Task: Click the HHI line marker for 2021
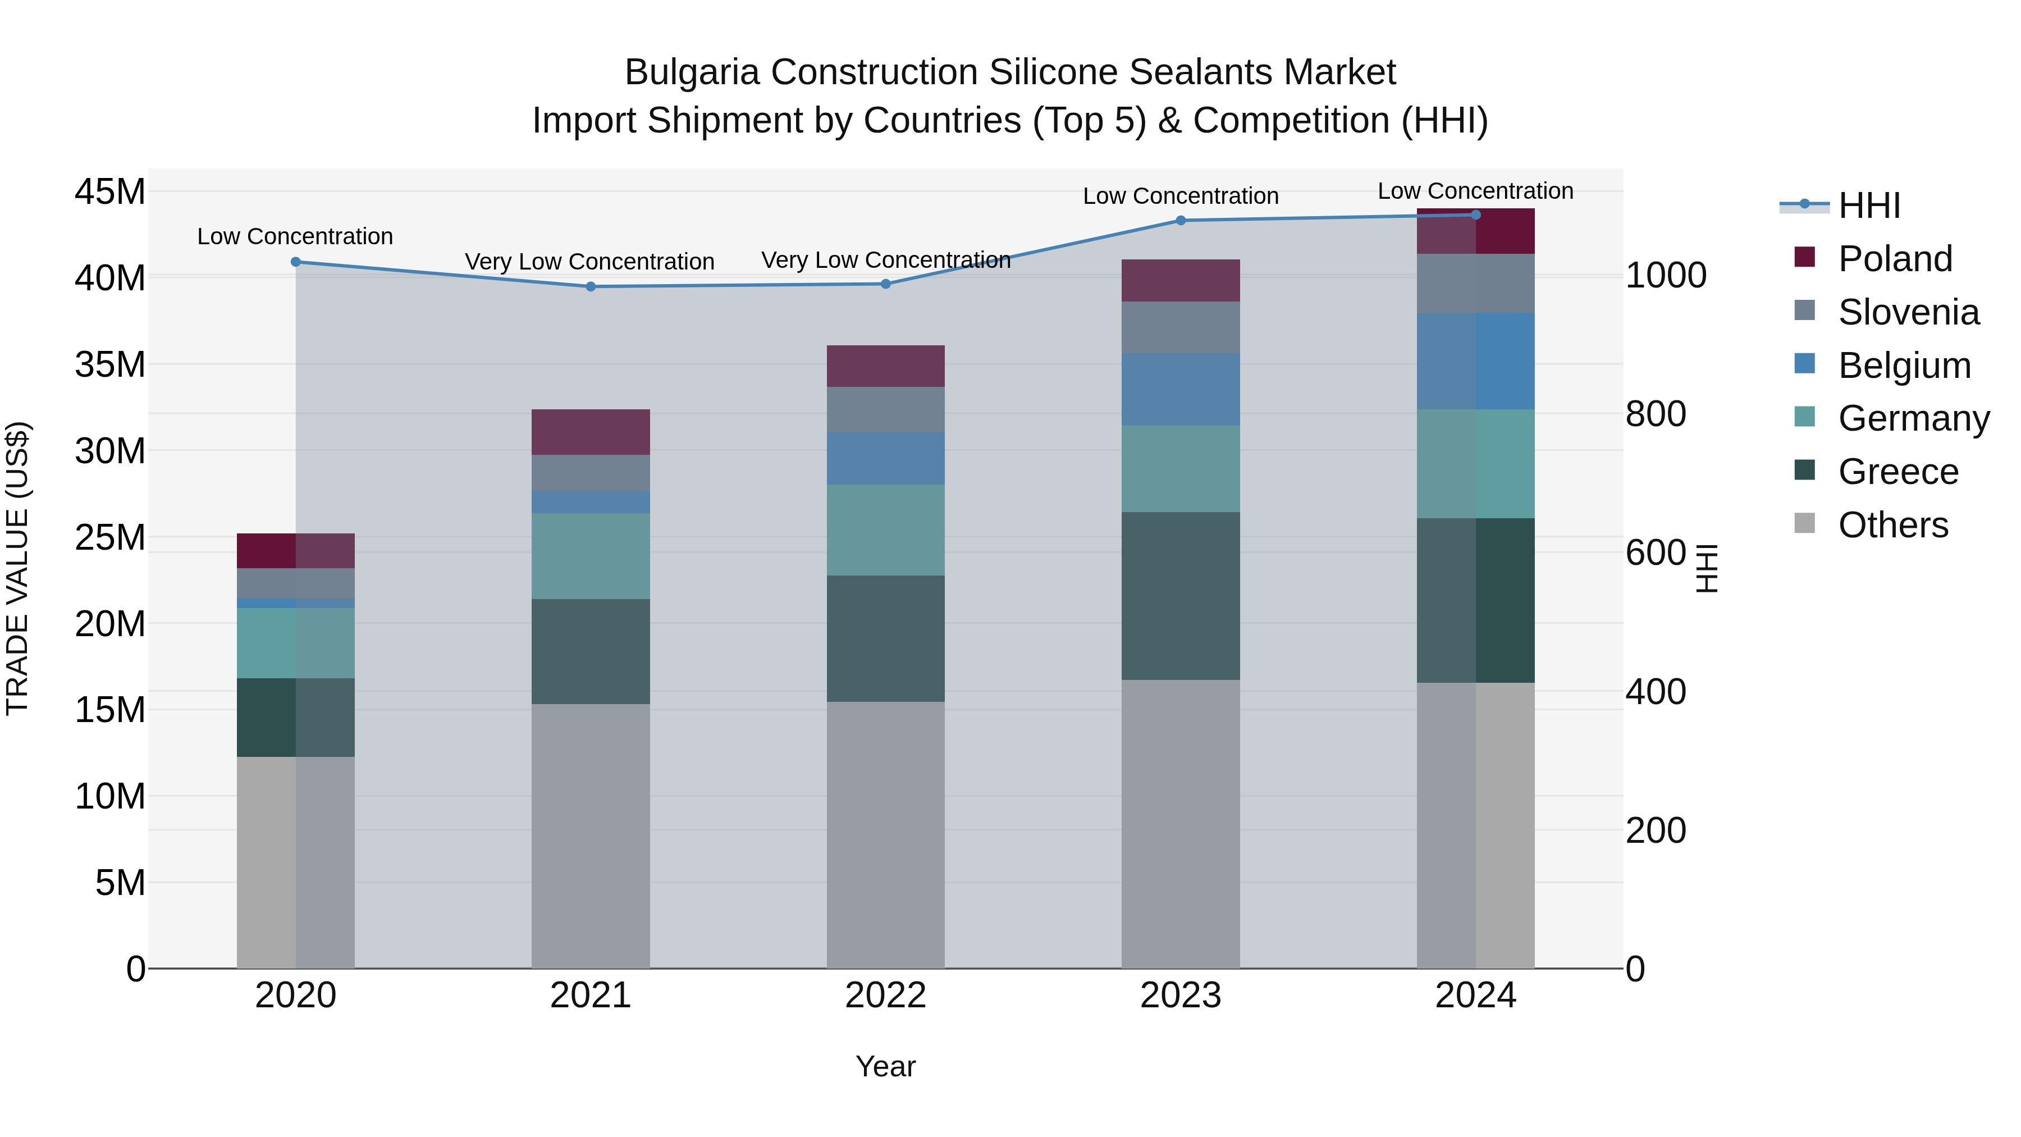click(591, 286)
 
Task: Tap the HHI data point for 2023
click(1181, 221)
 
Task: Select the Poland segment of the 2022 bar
click(886, 366)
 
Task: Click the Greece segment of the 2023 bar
click(1181, 596)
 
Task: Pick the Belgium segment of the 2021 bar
click(591, 502)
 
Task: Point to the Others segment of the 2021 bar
click(591, 835)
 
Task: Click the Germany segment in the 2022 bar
click(886, 529)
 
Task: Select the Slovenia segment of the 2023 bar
click(1181, 327)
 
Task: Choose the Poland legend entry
click(1895, 259)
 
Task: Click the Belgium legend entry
click(1904, 366)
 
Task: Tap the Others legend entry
click(1892, 525)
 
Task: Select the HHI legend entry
click(1869, 206)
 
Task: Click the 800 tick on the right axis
click(1656, 414)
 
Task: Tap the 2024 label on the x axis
click(1475, 996)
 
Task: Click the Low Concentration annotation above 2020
click(295, 236)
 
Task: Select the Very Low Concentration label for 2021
click(589, 261)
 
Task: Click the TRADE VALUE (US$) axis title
click(17, 568)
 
